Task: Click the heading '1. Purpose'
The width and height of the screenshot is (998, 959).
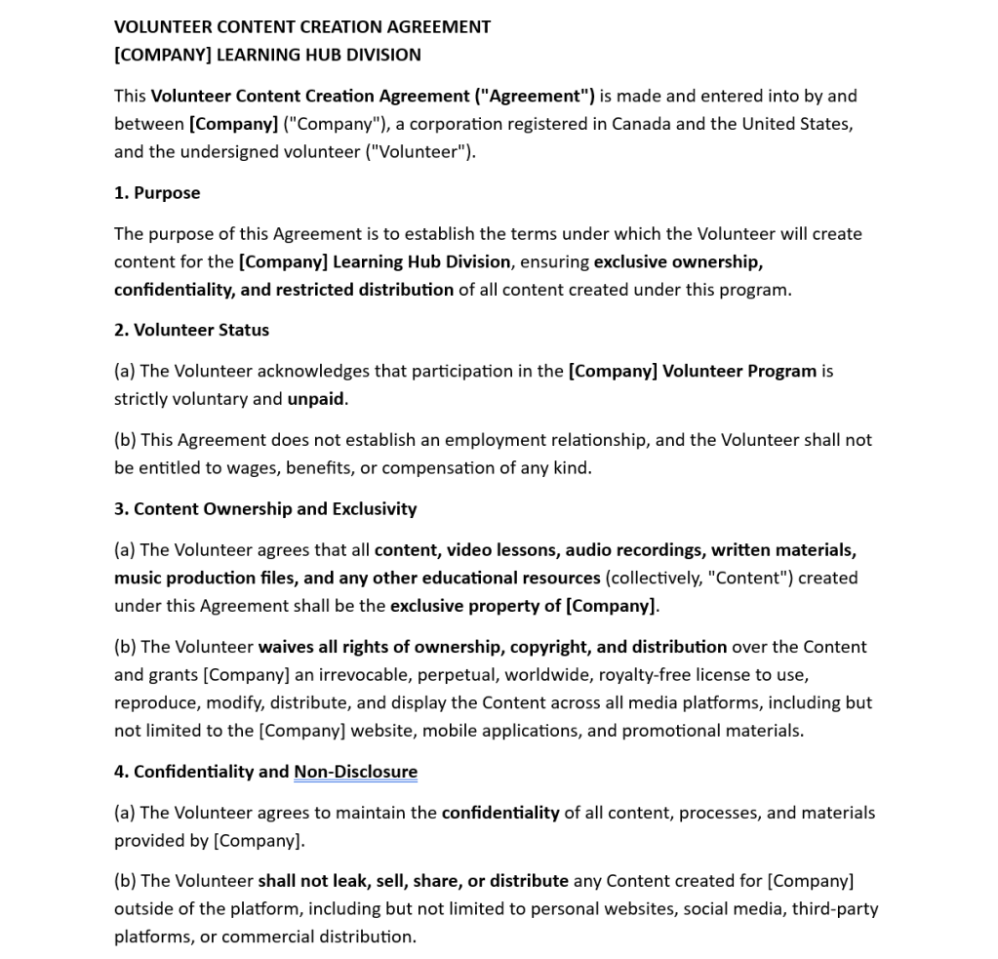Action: coord(157,193)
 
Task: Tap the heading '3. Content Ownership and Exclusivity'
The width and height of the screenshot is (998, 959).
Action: coord(265,508)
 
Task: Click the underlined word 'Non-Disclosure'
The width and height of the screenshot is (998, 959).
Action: coord(355,772)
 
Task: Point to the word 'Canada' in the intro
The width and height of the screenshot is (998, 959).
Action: coord(641,124)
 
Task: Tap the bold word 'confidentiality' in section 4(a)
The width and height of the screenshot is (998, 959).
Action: coord(500,813)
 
